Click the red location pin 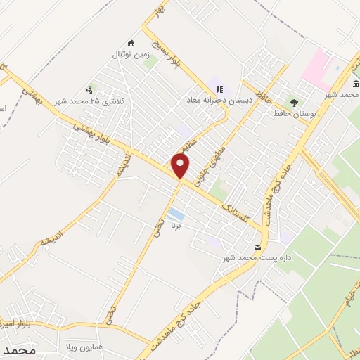181,165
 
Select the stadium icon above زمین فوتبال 131,42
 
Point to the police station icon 90,90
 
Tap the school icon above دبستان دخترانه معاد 220,90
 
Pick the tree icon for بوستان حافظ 293,102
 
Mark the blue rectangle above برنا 176,213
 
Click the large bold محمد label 18,349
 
